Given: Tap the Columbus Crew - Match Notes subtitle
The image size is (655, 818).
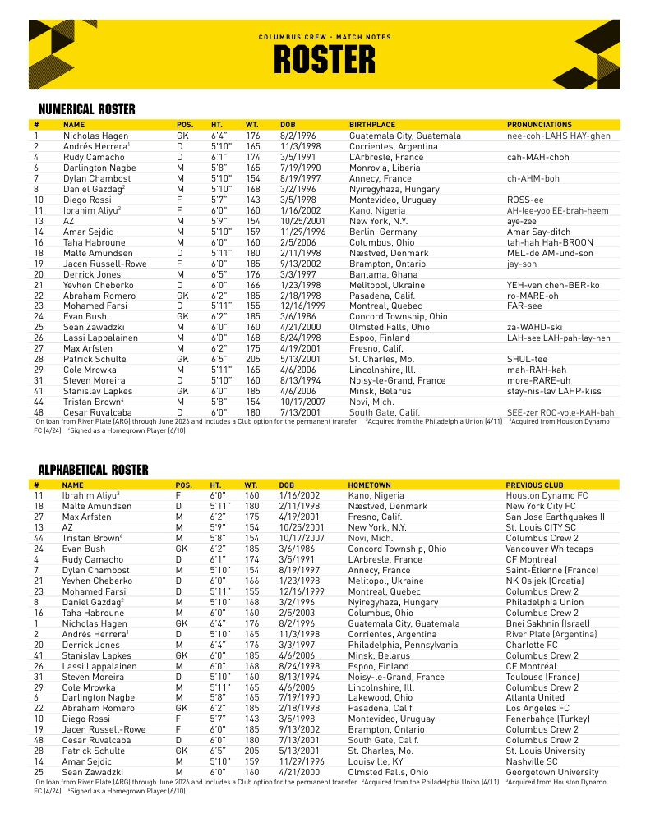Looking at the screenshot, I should [x=325, y=37].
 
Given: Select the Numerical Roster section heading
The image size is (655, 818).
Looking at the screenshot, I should [x=87, y=109].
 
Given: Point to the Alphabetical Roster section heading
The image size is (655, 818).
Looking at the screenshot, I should [x=93, y=470].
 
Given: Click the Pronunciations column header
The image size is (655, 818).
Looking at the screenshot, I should [x=539, y=125].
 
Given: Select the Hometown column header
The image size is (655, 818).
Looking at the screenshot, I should [x=370, y=485].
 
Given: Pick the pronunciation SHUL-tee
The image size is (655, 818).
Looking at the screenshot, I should [x=527, y=359].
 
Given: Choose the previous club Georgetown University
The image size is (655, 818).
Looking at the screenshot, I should [x=551, y=772].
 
